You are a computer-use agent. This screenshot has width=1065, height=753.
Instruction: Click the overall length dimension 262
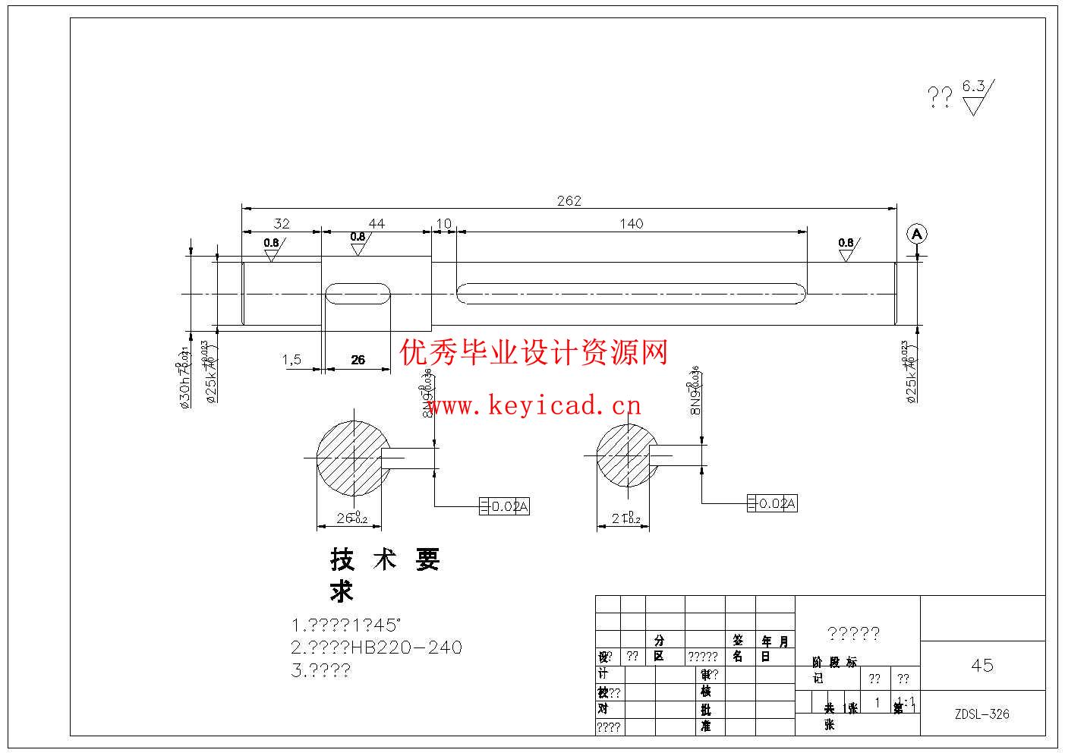click(569, 200)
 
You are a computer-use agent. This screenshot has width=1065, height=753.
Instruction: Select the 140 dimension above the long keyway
click(631, 223)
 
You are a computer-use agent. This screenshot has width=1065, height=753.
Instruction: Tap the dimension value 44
click(377, 223)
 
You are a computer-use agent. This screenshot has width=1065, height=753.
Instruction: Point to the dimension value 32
click(282, 223)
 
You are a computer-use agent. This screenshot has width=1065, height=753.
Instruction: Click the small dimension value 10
click(444, 223)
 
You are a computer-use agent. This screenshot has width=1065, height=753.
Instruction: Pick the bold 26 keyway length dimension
click(358, 360)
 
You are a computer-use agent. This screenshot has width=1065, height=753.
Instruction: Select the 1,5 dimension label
click(292, 359)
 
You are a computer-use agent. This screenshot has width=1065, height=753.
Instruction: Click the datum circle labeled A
click(917, 235)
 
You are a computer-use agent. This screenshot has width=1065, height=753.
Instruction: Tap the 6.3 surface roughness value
click(973, 86)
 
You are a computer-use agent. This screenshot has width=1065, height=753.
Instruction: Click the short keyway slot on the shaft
click(358, 294)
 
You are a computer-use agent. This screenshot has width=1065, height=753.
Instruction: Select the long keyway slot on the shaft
click(632, 294)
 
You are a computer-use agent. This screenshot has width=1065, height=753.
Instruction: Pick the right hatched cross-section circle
click(627, 455)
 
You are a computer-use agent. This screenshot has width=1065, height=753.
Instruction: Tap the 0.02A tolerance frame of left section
click(504, 506)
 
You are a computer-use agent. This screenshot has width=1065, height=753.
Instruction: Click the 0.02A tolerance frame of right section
click(773, 503)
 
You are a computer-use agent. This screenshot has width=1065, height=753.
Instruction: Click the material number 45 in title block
click(982, 666)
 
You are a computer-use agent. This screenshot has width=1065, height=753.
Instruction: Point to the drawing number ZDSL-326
click(982, 714)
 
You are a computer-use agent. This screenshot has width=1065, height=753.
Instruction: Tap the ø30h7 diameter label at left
click(184, 380)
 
